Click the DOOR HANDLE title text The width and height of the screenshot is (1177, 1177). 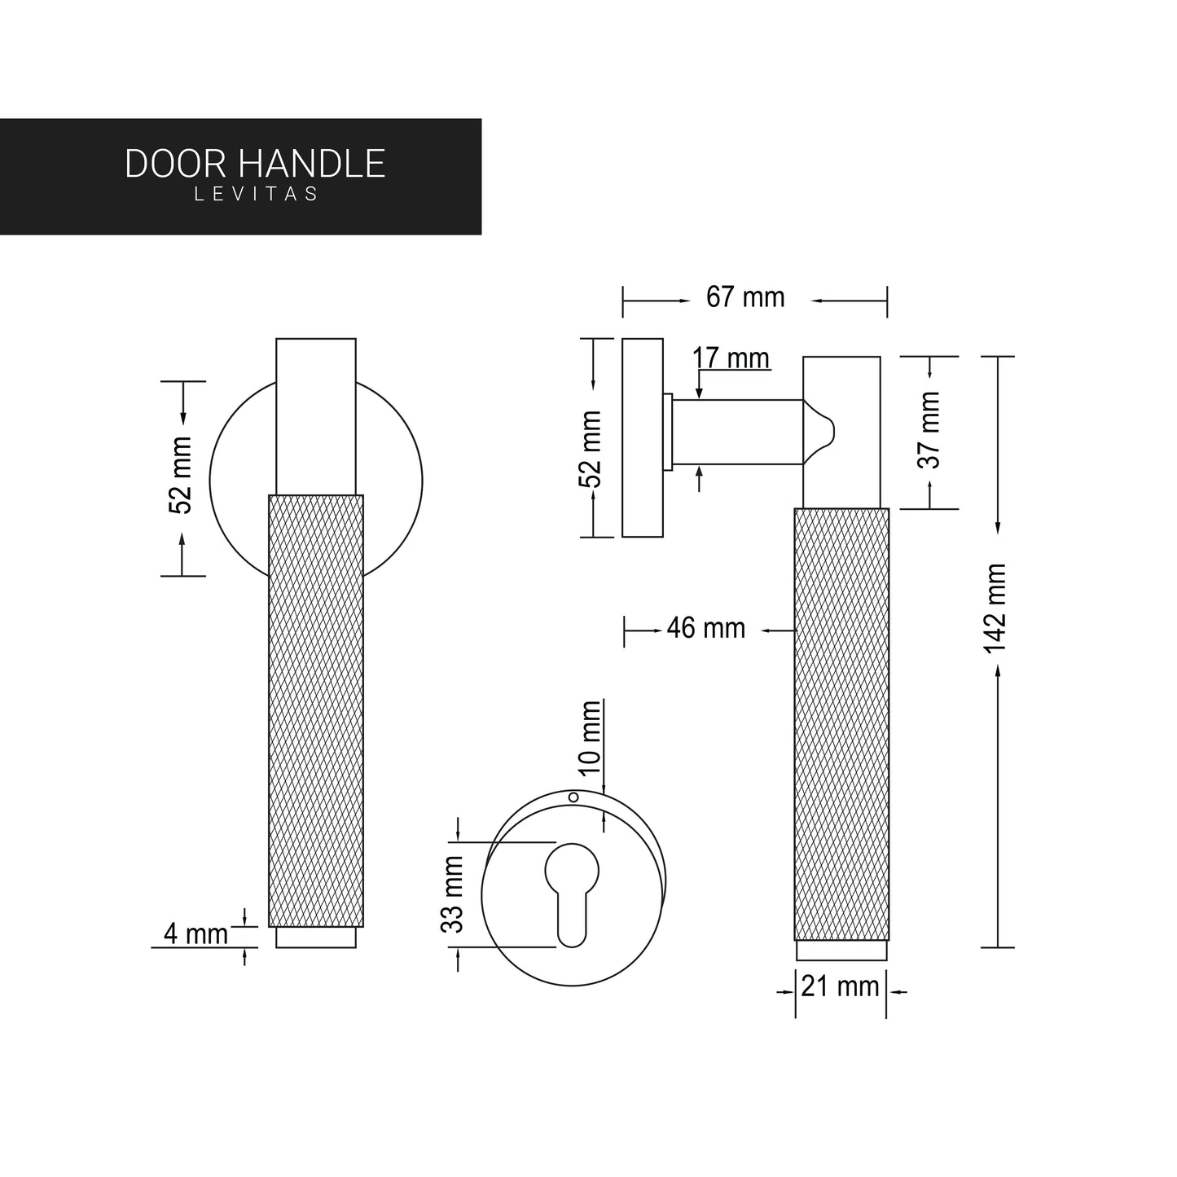254,164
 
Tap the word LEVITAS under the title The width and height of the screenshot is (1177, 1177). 256,195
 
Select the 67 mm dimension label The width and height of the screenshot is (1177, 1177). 744,298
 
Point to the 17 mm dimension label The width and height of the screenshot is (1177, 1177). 731,358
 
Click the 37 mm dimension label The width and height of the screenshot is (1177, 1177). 929,429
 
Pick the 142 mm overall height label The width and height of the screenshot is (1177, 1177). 995,608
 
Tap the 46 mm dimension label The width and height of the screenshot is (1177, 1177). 705,629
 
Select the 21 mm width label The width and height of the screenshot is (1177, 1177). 840,987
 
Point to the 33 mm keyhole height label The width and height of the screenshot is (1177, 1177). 452,894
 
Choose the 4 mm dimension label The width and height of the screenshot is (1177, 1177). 195,934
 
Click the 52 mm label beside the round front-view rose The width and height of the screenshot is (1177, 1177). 180,475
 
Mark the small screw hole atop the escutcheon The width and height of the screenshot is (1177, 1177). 573,797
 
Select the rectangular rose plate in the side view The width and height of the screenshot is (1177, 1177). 642,437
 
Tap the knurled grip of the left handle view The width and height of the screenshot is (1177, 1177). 315,709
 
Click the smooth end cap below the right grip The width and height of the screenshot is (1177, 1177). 841,951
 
